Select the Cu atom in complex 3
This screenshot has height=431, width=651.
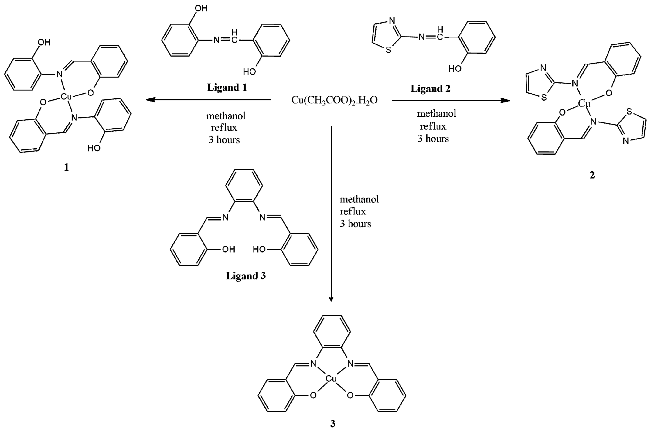tap(331, 379)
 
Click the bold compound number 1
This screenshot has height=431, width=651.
tap(66, 167)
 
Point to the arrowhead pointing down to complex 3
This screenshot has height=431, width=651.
tap(331, 299)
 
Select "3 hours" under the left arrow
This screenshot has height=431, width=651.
tap(224, 140)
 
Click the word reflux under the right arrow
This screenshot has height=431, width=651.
tap(433, 126)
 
